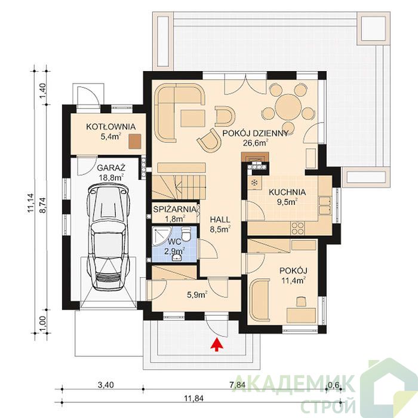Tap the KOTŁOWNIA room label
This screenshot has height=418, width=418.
[110, 127]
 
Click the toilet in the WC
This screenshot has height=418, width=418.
[186, 233]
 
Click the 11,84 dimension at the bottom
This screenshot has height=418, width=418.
[194, 398]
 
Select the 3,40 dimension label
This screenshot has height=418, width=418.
[106, 385]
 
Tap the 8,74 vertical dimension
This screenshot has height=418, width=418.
[44, 205]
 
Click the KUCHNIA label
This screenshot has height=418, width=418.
[287, 192]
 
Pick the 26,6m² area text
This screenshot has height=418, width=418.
[256, 143]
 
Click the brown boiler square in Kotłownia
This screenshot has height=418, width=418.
[134, 141]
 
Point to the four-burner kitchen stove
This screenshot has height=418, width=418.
[298, 228]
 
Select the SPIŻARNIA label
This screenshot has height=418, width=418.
[174, 209]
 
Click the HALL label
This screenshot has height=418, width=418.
[220, 220]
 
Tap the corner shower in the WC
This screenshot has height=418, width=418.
[161, 236]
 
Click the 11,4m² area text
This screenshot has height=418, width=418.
[293, 280]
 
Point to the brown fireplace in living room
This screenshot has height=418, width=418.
[255, 157]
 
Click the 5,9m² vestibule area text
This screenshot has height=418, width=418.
[197, 295]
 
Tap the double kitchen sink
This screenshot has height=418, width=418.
[325, 205]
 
